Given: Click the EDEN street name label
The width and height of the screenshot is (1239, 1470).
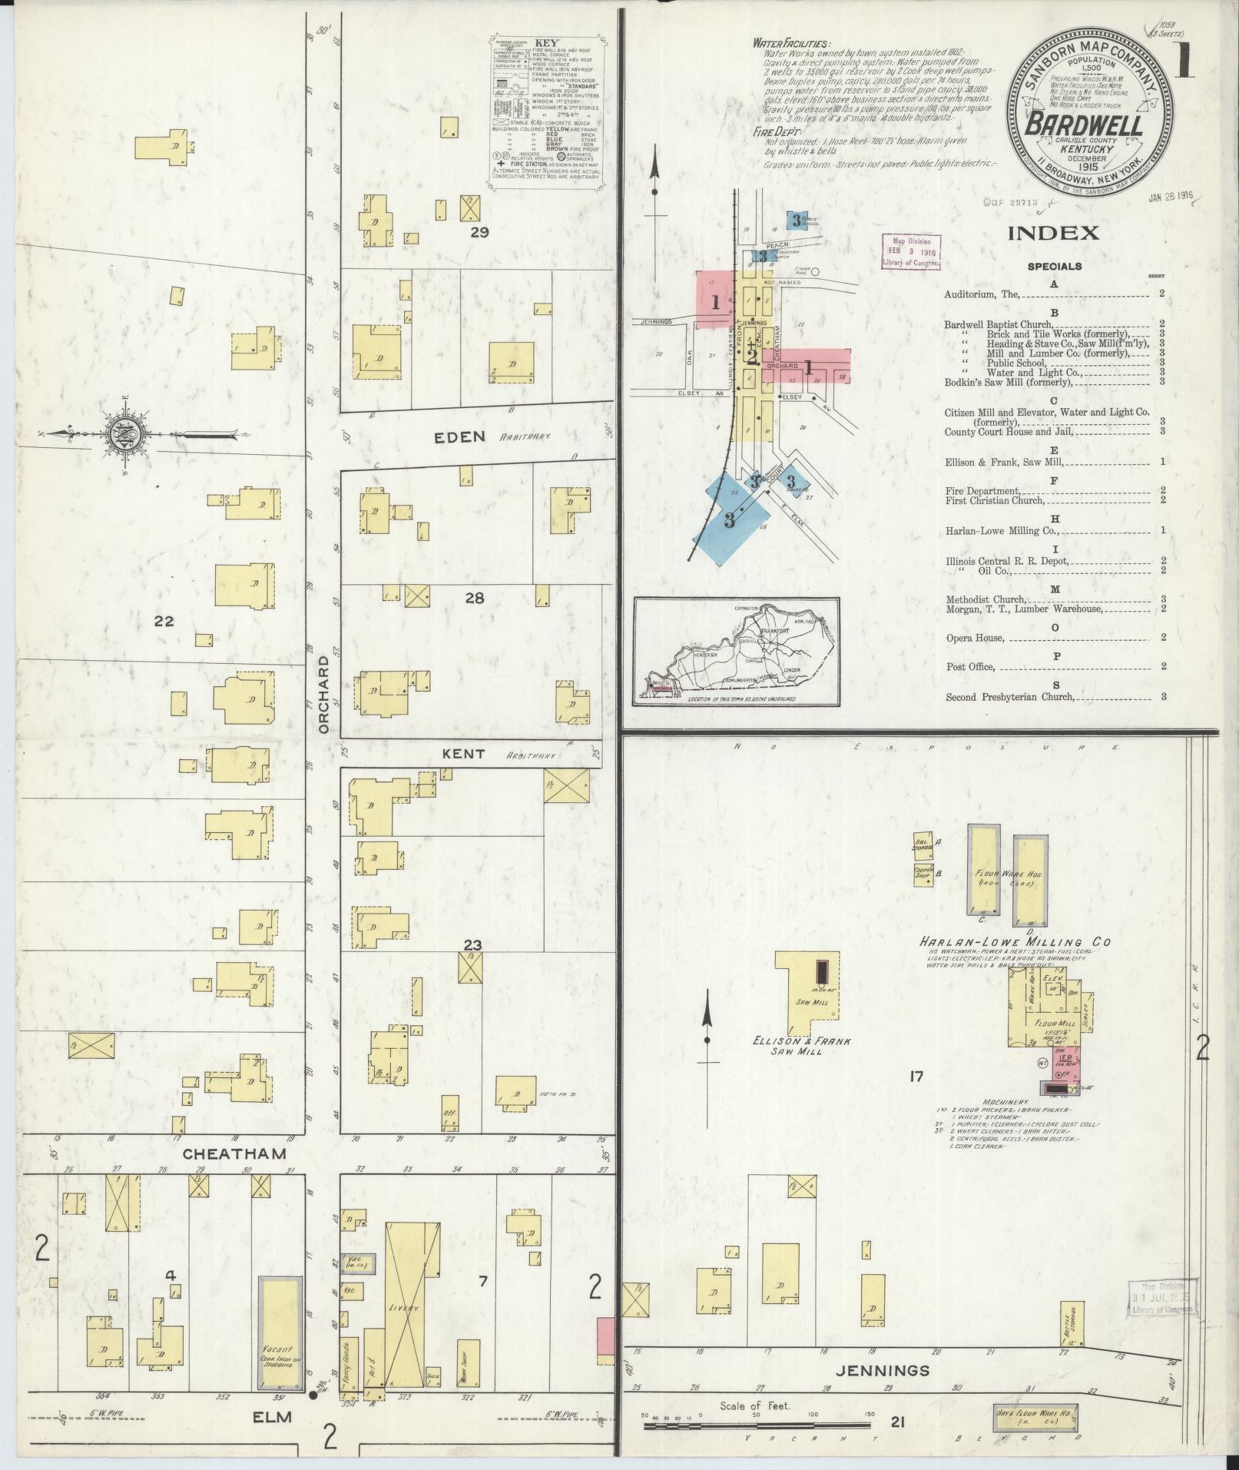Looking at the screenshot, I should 459,437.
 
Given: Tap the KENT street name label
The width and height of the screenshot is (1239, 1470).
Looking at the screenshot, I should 463,754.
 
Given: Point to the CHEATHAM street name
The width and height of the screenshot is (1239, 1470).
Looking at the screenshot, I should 224,1154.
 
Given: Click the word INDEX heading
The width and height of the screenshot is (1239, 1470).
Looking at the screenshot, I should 1054,234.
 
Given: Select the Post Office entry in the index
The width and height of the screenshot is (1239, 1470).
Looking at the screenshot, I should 971,667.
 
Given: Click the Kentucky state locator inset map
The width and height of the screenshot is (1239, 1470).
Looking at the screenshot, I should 736,651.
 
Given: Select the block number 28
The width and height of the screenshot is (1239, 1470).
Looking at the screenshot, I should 474,597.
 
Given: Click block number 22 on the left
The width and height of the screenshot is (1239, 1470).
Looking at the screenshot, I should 164,621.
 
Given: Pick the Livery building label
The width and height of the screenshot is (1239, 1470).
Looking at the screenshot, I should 403,1307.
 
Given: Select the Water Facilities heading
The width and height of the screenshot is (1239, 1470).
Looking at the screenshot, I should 791,43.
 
